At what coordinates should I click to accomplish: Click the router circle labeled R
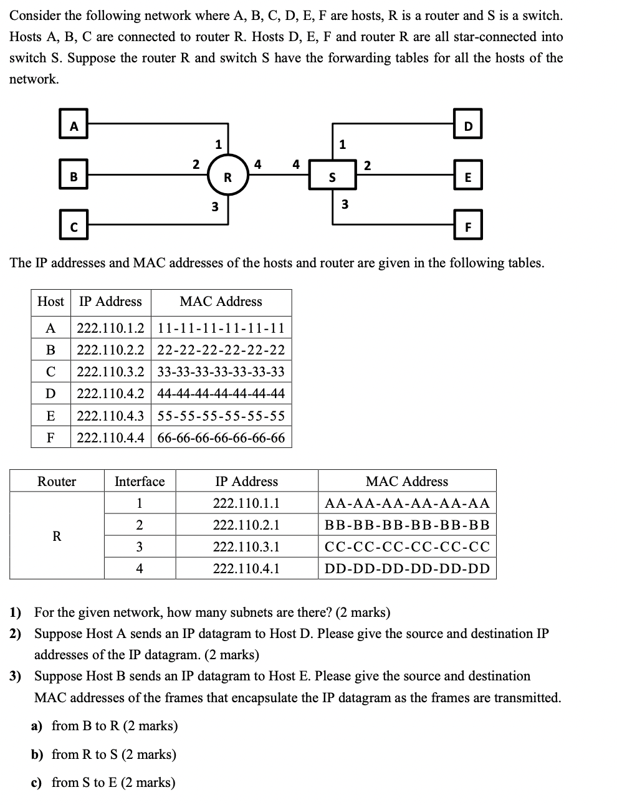(x=227, y=176)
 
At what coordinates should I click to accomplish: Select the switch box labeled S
(x=332, y=177)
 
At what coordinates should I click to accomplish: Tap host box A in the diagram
(x=74, y=126)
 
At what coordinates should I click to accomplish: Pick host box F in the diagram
(x=469, y=227)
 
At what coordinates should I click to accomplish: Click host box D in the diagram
(x=469, y=126)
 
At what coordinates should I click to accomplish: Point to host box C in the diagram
(x=74, y=227)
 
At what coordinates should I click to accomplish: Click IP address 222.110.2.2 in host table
(x=110, y=350)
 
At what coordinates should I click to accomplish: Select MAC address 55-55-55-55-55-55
(x=221, y=416)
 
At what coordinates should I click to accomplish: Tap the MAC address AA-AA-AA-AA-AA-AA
(x=407, y=503)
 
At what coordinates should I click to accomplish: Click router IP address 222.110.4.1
(x=246, y=568)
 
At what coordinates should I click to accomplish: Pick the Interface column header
(x=140, y=481)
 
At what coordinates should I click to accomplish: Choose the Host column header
(x=50, y=302)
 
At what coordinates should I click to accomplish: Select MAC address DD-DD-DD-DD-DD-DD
(x=407, y=568)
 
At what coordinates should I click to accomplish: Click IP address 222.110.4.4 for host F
(x=110, y=438)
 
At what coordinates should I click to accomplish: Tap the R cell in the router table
(x=57, y=536)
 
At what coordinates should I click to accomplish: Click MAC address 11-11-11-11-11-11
(x=221, y=328)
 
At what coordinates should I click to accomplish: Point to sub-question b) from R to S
(x=104, y=755)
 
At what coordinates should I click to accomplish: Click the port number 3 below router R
(x=214, y=207)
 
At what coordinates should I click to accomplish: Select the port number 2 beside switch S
(x=367, y=165)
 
